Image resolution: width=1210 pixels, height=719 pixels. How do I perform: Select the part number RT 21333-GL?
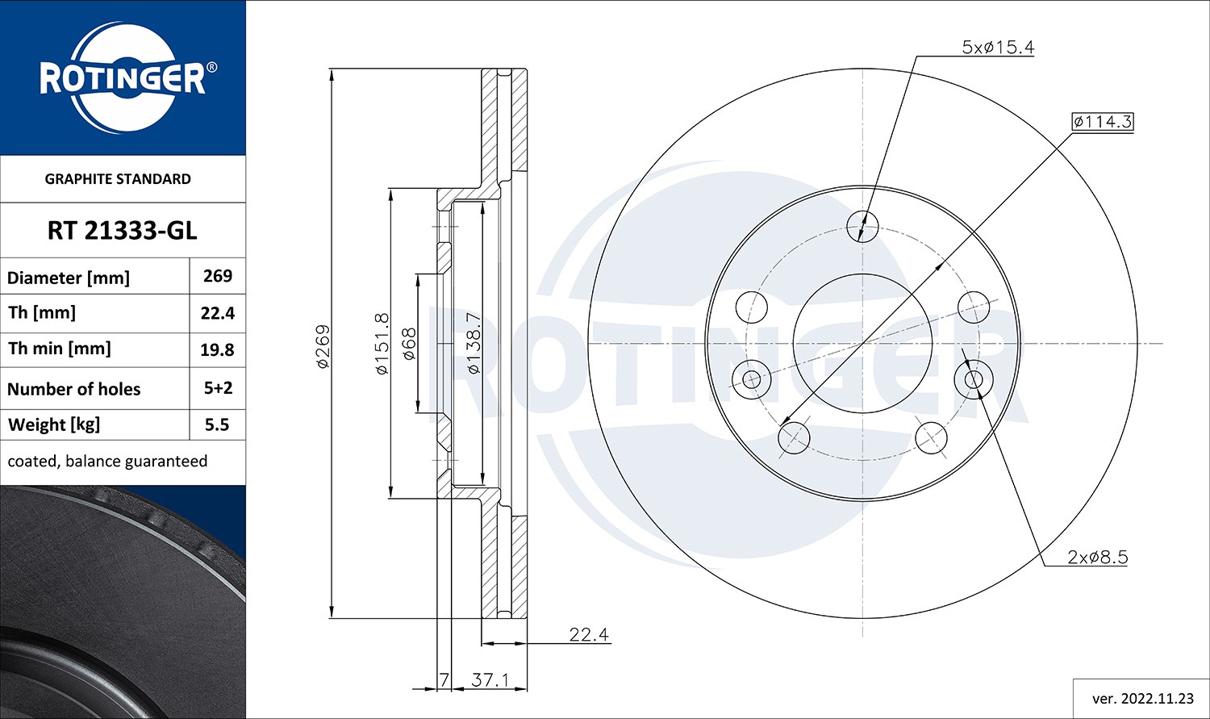tap(122, 231)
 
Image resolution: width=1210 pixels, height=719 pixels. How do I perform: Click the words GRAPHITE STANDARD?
tap(118, 179)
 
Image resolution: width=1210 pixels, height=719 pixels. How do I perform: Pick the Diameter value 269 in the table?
tap(218, 276)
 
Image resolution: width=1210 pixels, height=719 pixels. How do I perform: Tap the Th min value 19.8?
tap(218, 349)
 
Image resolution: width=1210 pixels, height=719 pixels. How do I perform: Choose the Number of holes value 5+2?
tap(218, 388)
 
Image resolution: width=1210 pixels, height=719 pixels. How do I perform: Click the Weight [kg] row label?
tap(53, 424)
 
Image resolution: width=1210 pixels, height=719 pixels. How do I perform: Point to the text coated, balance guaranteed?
tap(107, 462)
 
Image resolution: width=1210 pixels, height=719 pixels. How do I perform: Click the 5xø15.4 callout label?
tap(997, 48)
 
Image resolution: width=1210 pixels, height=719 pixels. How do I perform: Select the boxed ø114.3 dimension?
tap(1102, 122)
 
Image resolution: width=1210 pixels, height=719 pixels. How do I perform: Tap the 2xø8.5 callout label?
tap(1097, 557)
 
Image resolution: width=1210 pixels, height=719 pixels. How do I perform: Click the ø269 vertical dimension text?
tap(323, 346)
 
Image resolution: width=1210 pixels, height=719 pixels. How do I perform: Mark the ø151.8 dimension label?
tap(382, 344)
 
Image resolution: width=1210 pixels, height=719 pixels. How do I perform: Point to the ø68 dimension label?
tap(409, 344)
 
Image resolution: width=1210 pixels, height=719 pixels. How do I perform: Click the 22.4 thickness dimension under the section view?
tap(588, 634)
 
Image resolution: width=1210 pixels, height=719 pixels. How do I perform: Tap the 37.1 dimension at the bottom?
tap(490, 680)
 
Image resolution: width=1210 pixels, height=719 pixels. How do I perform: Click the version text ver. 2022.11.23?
tap(1142, 698)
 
